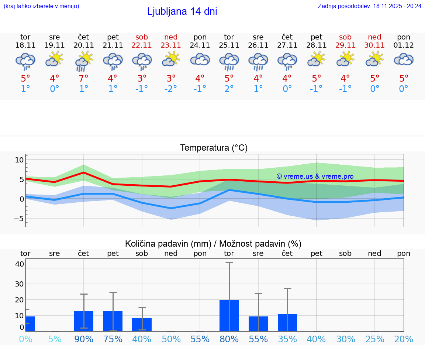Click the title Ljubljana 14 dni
(x=182, y=11)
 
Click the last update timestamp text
(x=369, y=6)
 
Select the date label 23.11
(x=171, y=45)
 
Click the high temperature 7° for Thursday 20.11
(x=84, y=79)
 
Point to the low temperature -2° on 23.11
(x=171, y=89)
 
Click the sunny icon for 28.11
(x=316, y=59)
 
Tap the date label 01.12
(x=404, y=45)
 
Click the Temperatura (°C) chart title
(x=214, y=148)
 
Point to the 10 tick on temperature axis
(x=19, y=160)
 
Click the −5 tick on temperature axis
(x=18, y=218)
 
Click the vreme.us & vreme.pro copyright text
(x=315, y=176)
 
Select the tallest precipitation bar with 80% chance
(x=229, y=315)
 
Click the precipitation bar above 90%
(x=84, y=321)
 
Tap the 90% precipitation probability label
(x=84, y=339)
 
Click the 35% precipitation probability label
(x=287, y=339)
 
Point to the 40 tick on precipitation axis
(x=20, y=264)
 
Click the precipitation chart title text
(x=213, y=244)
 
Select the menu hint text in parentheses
(x=41, y=6)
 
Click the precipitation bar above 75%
(x=113, y=321)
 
